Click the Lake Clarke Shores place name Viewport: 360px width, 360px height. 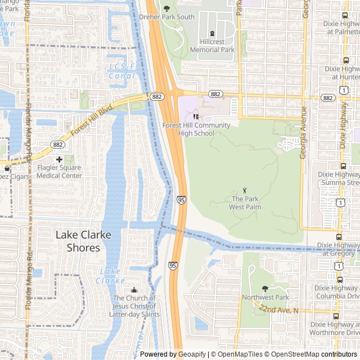pos(83,241)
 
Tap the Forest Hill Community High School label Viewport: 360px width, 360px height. pos(188,129)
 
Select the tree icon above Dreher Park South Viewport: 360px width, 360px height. pos(166,8)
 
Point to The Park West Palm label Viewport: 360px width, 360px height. pos(245,202)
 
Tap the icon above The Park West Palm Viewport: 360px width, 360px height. pos(245,191)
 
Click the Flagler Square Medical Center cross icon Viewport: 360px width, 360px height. pos(59,160)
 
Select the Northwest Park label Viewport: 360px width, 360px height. pos(265,297)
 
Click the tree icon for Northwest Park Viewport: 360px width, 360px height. pos(265,289)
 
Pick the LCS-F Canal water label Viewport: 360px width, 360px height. pos(122,71)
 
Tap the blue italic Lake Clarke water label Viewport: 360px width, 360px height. pos(110,276)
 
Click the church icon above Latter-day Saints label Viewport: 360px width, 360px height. pos(134,290)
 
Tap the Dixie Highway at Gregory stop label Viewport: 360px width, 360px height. pos(337,249)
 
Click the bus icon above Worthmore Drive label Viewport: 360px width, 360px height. pos(336,316)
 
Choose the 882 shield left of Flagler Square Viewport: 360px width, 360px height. pos(56,145)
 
